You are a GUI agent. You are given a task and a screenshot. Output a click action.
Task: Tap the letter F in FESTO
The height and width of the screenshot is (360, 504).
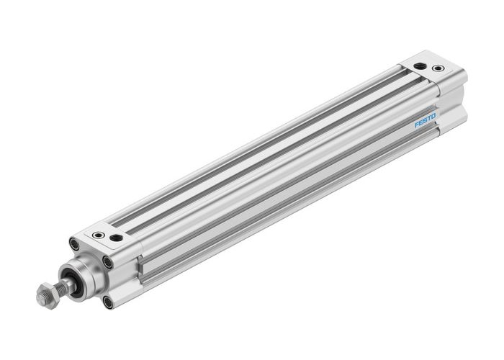click(418, 127)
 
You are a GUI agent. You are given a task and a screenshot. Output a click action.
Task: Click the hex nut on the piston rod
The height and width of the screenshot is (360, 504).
click(45, 294)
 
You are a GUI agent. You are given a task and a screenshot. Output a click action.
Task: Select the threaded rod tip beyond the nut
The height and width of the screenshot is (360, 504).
click(37, 297)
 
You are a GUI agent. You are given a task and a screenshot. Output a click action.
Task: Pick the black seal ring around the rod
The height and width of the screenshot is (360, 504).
click(71, 279)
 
